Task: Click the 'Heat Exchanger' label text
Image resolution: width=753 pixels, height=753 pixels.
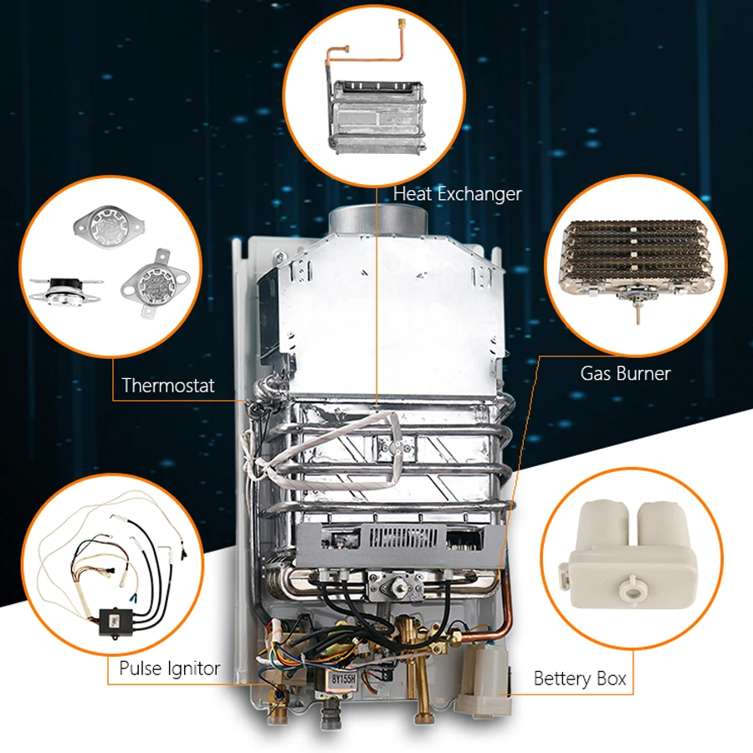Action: click(x=458, y=194)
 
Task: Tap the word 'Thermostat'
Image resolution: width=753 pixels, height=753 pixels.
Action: click(x=168, y=386)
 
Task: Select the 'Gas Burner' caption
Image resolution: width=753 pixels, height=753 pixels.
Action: click(x=625, y=373)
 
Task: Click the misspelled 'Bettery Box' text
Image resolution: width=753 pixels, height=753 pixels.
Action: click(x=580, y=679)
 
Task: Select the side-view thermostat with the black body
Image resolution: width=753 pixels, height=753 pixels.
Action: click(x=64, y=289)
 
